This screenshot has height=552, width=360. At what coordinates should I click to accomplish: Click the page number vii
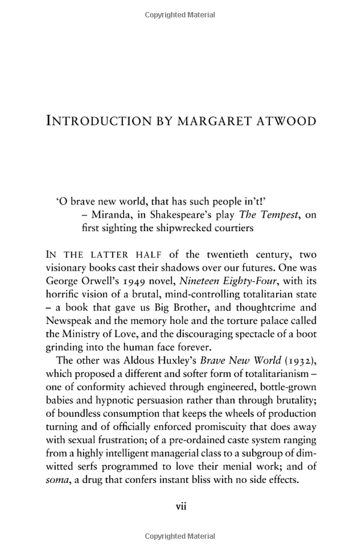click(181, 506)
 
